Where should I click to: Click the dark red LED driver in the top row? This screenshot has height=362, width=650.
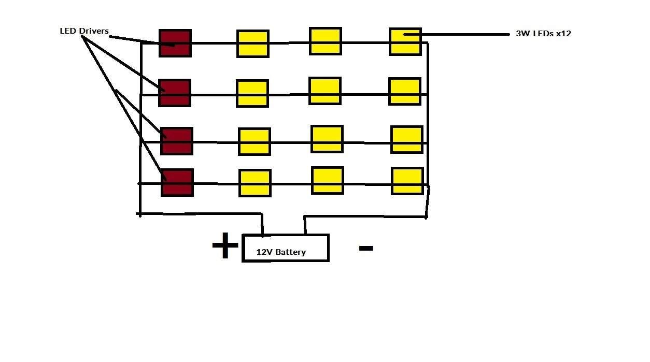click(175, 43)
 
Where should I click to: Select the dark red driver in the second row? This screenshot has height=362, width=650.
click(175, 93)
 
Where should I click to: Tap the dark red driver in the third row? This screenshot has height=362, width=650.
click(177, 141)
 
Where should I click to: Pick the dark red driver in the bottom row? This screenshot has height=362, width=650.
click(177, 183)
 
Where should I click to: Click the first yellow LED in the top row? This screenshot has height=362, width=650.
click(253, 44)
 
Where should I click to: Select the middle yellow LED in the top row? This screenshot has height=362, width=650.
click(326, 41)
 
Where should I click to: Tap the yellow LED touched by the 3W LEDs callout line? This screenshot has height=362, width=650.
click(405, 42)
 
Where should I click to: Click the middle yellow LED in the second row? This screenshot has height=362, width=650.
click(324, 91)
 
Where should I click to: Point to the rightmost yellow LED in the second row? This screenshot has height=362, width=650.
click(405, 92)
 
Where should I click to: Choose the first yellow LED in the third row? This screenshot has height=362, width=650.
click(255, 142)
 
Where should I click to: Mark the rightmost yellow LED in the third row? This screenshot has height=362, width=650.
click(407, 140)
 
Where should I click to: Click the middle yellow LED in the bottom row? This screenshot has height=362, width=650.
click(328, 181)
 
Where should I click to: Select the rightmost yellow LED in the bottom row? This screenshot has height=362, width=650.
click(407, 181)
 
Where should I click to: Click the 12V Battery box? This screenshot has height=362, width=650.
click(286, 248)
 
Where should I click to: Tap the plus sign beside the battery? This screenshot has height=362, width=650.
click(225, 245)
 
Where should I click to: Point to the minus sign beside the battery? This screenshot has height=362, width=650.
click(366, 248)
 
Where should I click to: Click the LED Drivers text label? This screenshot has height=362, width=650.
click(84, 31)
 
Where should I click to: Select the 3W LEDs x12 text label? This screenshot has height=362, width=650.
click(544, 34)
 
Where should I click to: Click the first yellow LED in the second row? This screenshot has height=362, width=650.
click(252, 93)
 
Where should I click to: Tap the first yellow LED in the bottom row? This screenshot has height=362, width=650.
click(255, 183)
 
